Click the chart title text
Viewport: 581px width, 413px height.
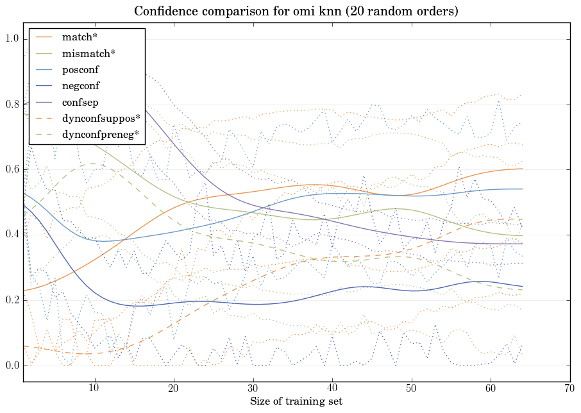[x=296, y=12]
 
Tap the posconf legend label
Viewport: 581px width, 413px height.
[x=80, y=69]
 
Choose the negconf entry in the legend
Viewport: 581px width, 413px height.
[x=81, y=85]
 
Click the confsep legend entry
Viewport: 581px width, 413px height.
[x=80, y=102]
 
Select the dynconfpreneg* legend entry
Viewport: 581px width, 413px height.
[x=101, y=135]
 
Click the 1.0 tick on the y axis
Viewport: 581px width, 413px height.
[x=12, y=39]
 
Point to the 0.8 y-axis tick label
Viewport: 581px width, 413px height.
[x=12, y=105]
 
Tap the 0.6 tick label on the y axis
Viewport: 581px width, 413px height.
[x=12, y=170]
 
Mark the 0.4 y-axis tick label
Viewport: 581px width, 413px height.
[x=12, y=235]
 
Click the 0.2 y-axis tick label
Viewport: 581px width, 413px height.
[x=12, y=301]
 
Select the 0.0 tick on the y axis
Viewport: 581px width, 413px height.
[x=12, y=366]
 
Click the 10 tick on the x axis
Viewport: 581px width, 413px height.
[x=94, y=389]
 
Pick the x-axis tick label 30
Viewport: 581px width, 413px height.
[x=253, y=389]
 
